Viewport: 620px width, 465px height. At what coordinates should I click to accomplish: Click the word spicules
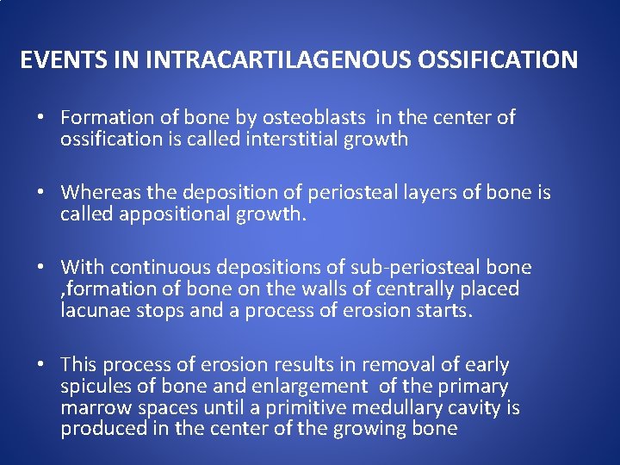tap(95, 386)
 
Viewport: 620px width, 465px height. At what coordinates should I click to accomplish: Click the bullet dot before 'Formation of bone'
tap(40, 119)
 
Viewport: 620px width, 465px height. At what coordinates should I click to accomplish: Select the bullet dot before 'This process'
tap(40, 365)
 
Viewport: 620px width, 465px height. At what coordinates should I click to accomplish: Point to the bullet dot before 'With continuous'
tap(40, 268)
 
